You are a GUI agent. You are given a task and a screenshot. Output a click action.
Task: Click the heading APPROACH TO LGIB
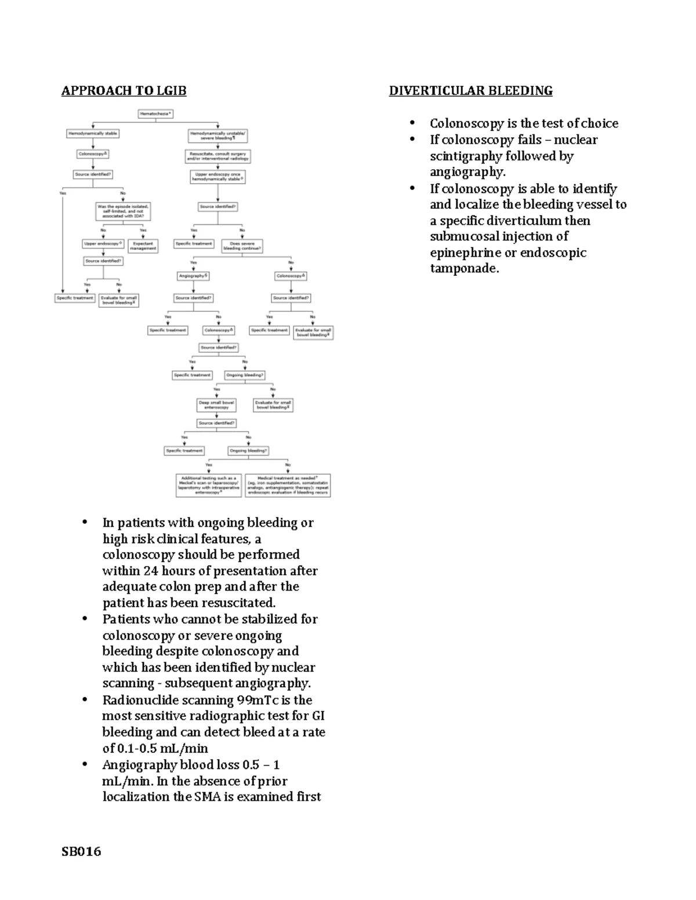click(124, 90)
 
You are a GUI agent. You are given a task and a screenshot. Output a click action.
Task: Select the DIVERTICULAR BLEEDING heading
click(470, 90)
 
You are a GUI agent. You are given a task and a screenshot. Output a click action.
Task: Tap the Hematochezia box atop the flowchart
click(155, 114)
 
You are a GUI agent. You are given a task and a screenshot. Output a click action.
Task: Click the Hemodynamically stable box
click(93, 133)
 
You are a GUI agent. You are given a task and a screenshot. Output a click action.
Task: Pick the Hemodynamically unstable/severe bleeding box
click(218, 136)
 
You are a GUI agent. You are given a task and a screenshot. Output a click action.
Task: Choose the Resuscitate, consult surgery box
click(217, 156)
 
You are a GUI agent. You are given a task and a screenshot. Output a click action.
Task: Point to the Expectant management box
click(143, 246)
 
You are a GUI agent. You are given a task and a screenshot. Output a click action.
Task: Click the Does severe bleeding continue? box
click(242, 246)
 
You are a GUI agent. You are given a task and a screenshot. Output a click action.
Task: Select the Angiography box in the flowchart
click(193, 276)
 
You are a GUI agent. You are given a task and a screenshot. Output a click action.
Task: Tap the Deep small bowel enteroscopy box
click(216, 405)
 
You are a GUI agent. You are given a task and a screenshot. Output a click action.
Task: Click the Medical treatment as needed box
click(288, 485)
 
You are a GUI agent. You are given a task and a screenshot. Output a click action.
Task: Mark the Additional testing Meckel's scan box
click(208, 485)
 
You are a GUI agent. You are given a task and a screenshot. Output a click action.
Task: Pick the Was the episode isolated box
click(123, 211)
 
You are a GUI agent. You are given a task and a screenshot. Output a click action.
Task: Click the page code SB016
click(81, 851)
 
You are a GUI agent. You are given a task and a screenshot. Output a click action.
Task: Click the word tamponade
click(464, 268)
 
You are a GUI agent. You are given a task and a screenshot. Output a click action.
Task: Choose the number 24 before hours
click(151, 571)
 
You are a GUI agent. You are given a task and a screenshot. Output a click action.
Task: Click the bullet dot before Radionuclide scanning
click(85, 699)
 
